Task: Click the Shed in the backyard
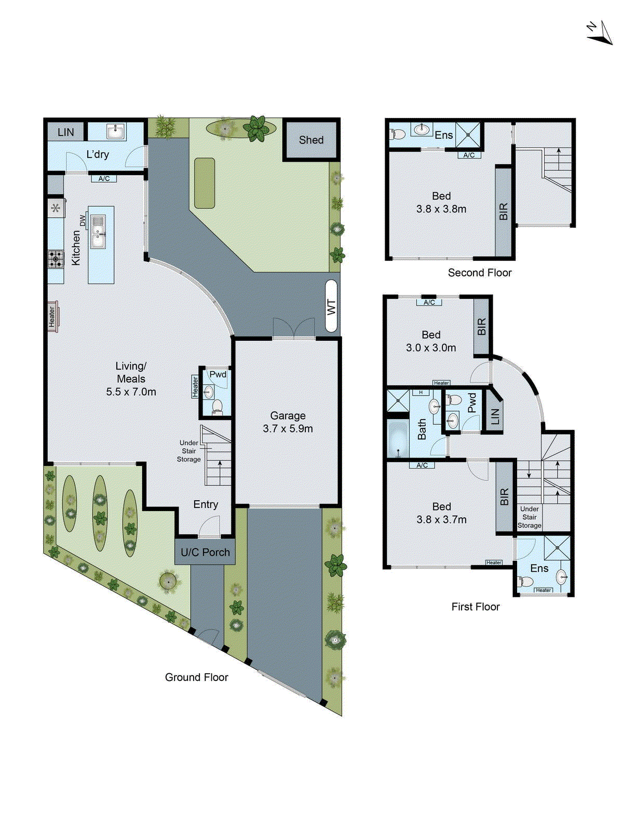(311, 140)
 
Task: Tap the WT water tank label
(331, 306)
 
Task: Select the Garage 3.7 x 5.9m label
(288, 422)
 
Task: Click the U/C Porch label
(205, 553)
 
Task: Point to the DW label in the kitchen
(83, 221)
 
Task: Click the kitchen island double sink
(98, 232)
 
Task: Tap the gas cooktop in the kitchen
(56, 258)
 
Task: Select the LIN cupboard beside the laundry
(66, 132)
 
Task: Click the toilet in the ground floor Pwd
(217, 406)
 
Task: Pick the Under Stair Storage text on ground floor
(189, 451)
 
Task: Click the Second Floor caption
(480, 273)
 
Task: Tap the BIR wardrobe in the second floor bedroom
(503, 211)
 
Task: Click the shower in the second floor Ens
(469, 135)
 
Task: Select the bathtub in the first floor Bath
(398, 439)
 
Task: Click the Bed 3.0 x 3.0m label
(431, 341)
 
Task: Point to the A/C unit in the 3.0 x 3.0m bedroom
(429, 302)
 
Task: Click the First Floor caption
(475, 607)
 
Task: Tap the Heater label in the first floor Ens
(543, 590)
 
